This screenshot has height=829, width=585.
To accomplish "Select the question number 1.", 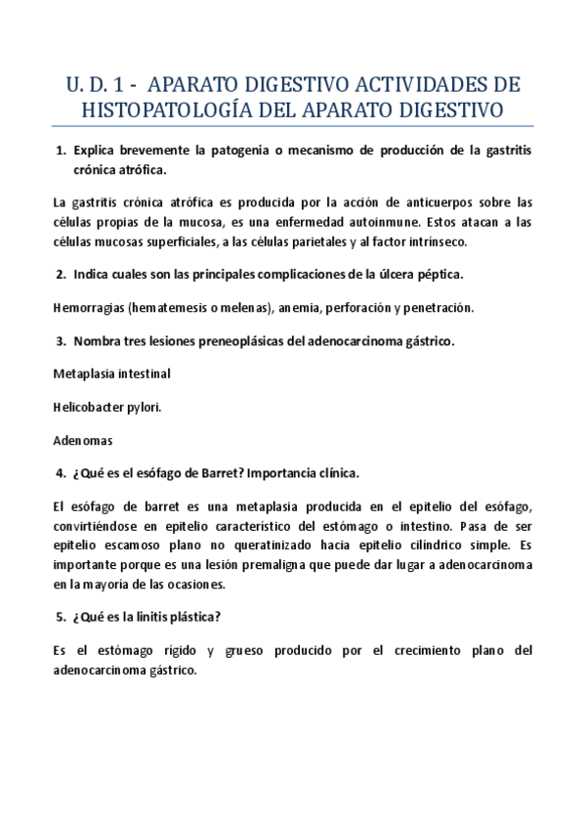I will [61, 151].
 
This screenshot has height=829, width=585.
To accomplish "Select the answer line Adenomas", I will [83, 439].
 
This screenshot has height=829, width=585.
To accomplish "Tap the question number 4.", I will [61, 473].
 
